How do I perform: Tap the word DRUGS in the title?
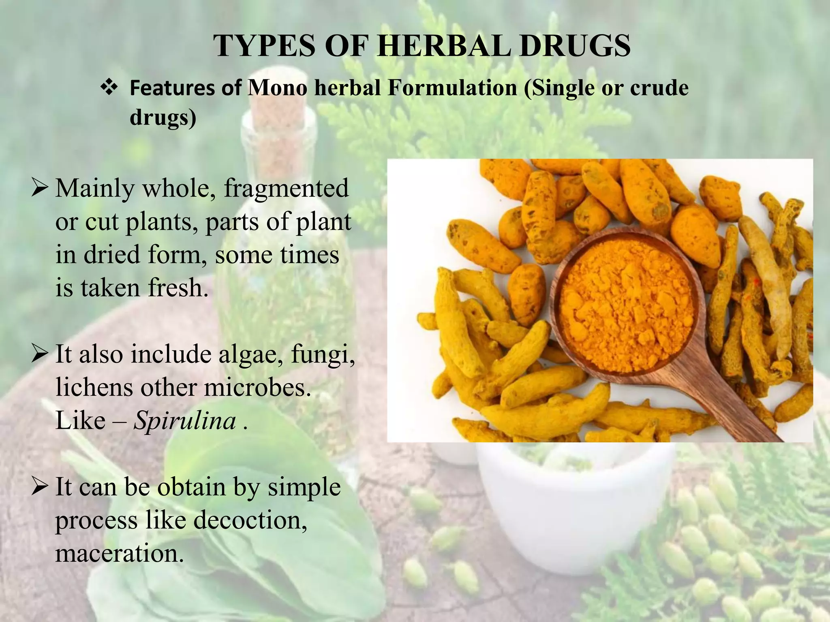[575, 46]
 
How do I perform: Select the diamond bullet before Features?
[109, 88]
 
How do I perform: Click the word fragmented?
[286, 189]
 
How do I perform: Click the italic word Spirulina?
[185, 421]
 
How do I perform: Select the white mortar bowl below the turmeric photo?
[567, 506]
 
